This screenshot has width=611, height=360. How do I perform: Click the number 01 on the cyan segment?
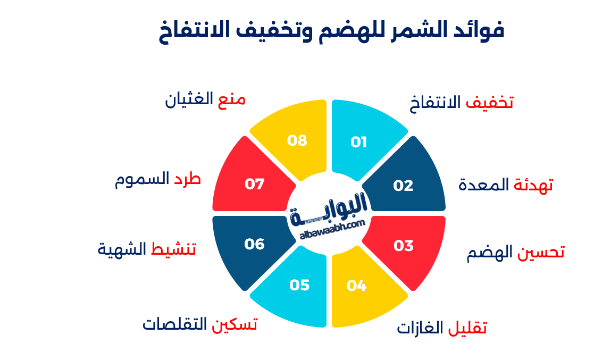358,142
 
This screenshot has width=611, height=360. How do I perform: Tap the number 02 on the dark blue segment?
403,186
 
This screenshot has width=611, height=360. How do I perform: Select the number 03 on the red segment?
403,246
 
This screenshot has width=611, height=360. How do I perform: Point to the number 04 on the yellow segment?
356,286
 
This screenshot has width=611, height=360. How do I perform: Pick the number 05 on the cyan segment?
299,285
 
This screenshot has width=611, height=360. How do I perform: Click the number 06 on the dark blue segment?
255,244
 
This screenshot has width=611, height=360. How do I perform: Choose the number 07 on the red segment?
255,184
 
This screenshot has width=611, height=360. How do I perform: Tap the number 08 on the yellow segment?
297,140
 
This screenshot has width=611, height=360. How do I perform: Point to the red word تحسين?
541,252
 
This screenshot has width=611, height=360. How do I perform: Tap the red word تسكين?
235,324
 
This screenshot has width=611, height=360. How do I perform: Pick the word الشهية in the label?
122,249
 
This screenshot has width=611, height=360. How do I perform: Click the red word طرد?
187,179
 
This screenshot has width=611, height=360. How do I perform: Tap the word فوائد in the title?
478,30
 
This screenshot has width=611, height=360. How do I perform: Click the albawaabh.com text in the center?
332,230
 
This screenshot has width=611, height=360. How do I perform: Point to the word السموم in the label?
142,179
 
